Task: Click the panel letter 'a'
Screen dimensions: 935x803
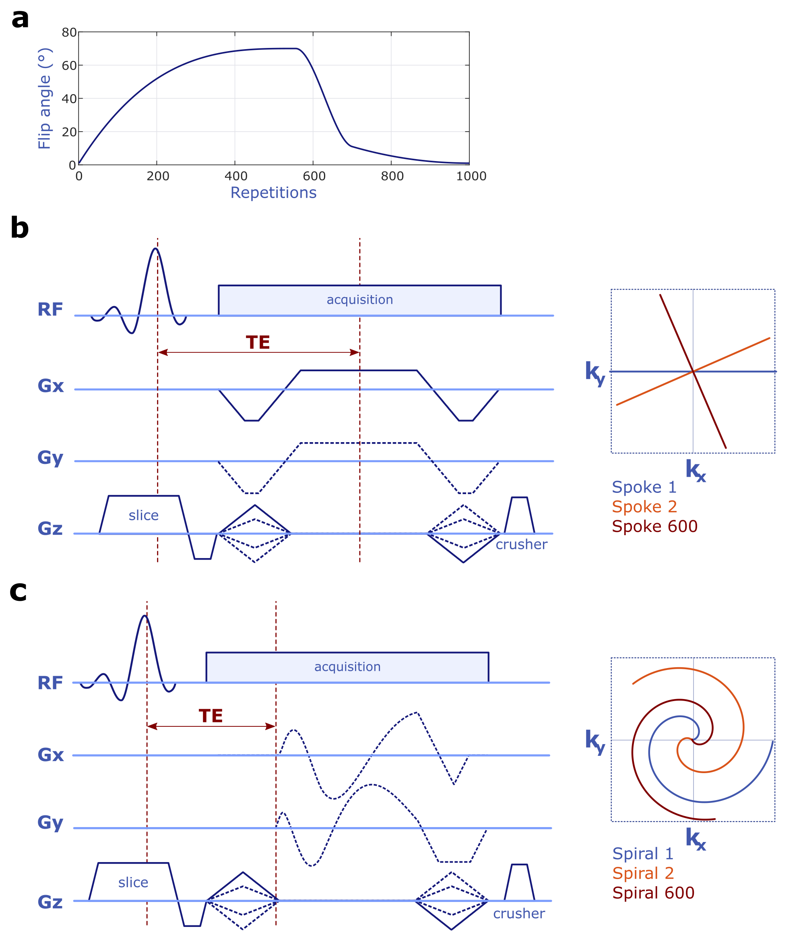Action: pyautogui.click(x=20, y=19)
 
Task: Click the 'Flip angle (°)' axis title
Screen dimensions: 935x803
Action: pyautogui.click(x=45, y=98)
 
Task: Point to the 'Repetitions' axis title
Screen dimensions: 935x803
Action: pyautogui.click(x=273, y=193)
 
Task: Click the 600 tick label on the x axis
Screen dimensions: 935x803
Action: pyautogui.click(x=314, y=176)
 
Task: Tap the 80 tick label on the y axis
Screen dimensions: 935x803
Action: pyautogui.click(x=69, y=33)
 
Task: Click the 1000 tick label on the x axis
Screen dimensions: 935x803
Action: pyautogui.click(x=471, y=176)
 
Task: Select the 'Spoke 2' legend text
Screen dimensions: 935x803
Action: pyautogui.click(x=644, y=507)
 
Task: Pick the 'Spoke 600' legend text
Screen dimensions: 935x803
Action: pyautogui.click(x=654, y=527)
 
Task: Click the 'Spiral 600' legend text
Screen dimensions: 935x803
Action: pyautogui.click(x=653, y=893)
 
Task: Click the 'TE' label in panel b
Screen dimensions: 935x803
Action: pyautogui.click(x=258, y=343)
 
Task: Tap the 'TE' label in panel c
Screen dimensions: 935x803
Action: pyautogui.click(x=211, y=716)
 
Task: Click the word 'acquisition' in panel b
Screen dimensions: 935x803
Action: pyautogui.click(x=359, y=300)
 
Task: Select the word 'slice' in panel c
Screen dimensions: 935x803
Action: pyautogui.click(x=133, y=882)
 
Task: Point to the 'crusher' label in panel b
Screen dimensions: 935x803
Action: pyautogui.click(x=522, y=545)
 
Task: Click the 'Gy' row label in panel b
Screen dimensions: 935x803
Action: pyautogui.click(x=50, y=458)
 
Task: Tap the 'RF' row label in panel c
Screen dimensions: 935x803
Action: pyautogui.click(x=50, y=683)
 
